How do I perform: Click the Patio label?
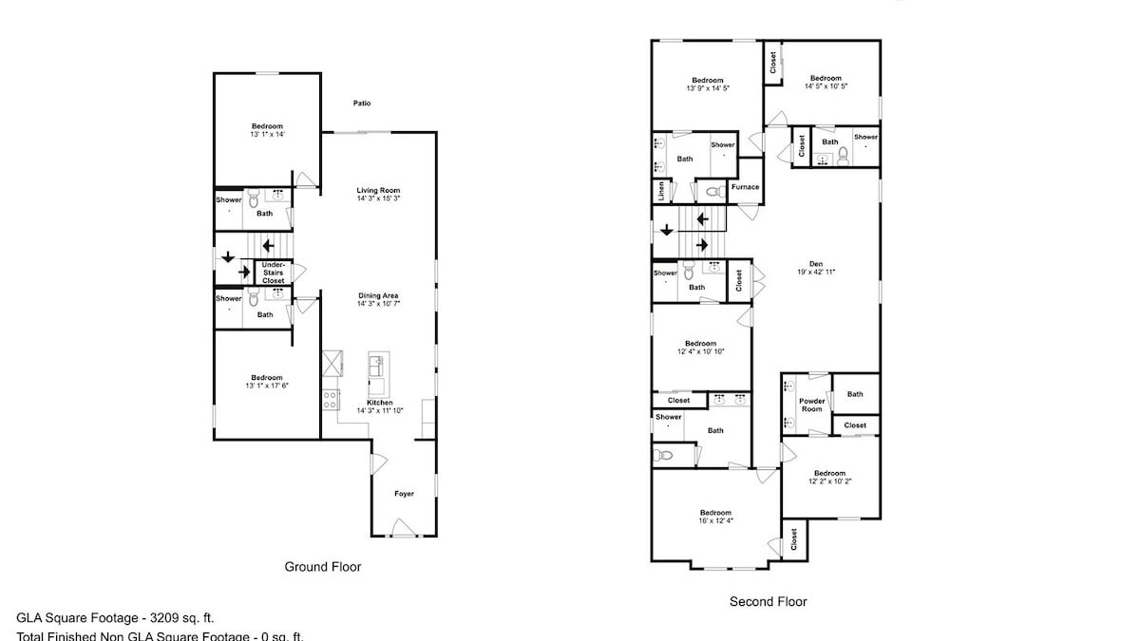[362, 104]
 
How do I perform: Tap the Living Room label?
[378, 190]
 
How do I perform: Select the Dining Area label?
[378, 294]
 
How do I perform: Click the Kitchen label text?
[378, 402]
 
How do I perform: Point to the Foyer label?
[405, 494]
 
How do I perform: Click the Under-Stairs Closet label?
[274, 273]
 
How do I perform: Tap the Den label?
[815, 264]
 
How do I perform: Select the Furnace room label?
[745, 187]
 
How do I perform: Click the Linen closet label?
[659, 190]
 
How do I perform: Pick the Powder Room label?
[811, 405]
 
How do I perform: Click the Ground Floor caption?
[323, 567]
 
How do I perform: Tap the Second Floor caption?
[768, 601]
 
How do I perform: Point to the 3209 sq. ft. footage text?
[176, 616]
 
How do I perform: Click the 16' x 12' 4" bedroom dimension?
[715, 519]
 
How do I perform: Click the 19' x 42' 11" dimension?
[815, 273]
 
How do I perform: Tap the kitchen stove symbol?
[331, 400]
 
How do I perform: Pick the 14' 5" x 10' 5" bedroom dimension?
[826, 86]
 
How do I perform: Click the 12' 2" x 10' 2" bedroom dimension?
[829, 481]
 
